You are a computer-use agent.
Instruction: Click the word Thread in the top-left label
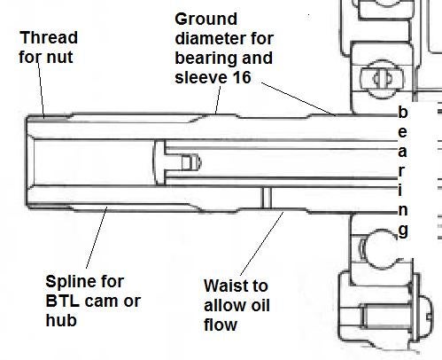click(49, 37)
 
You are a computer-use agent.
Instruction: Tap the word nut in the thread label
click(59, 57)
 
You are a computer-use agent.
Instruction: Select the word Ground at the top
click(205, 20)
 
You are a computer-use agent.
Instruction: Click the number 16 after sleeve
click(242, 77)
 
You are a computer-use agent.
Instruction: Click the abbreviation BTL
click(63, 301)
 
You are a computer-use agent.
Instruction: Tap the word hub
click(61, 320)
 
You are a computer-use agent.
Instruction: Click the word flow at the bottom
click(221, 325)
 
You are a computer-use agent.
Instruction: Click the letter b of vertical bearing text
click(403, 112)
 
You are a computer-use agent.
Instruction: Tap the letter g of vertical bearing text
click(403, 231)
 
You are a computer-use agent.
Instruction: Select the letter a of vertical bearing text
click(402, 152)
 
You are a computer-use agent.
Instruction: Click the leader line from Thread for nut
click(41, 89)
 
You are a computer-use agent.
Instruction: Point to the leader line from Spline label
click(97, 238)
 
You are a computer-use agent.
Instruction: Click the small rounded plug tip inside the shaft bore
click(191, 162)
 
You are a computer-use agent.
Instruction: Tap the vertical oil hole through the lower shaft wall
click(266, 198)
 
